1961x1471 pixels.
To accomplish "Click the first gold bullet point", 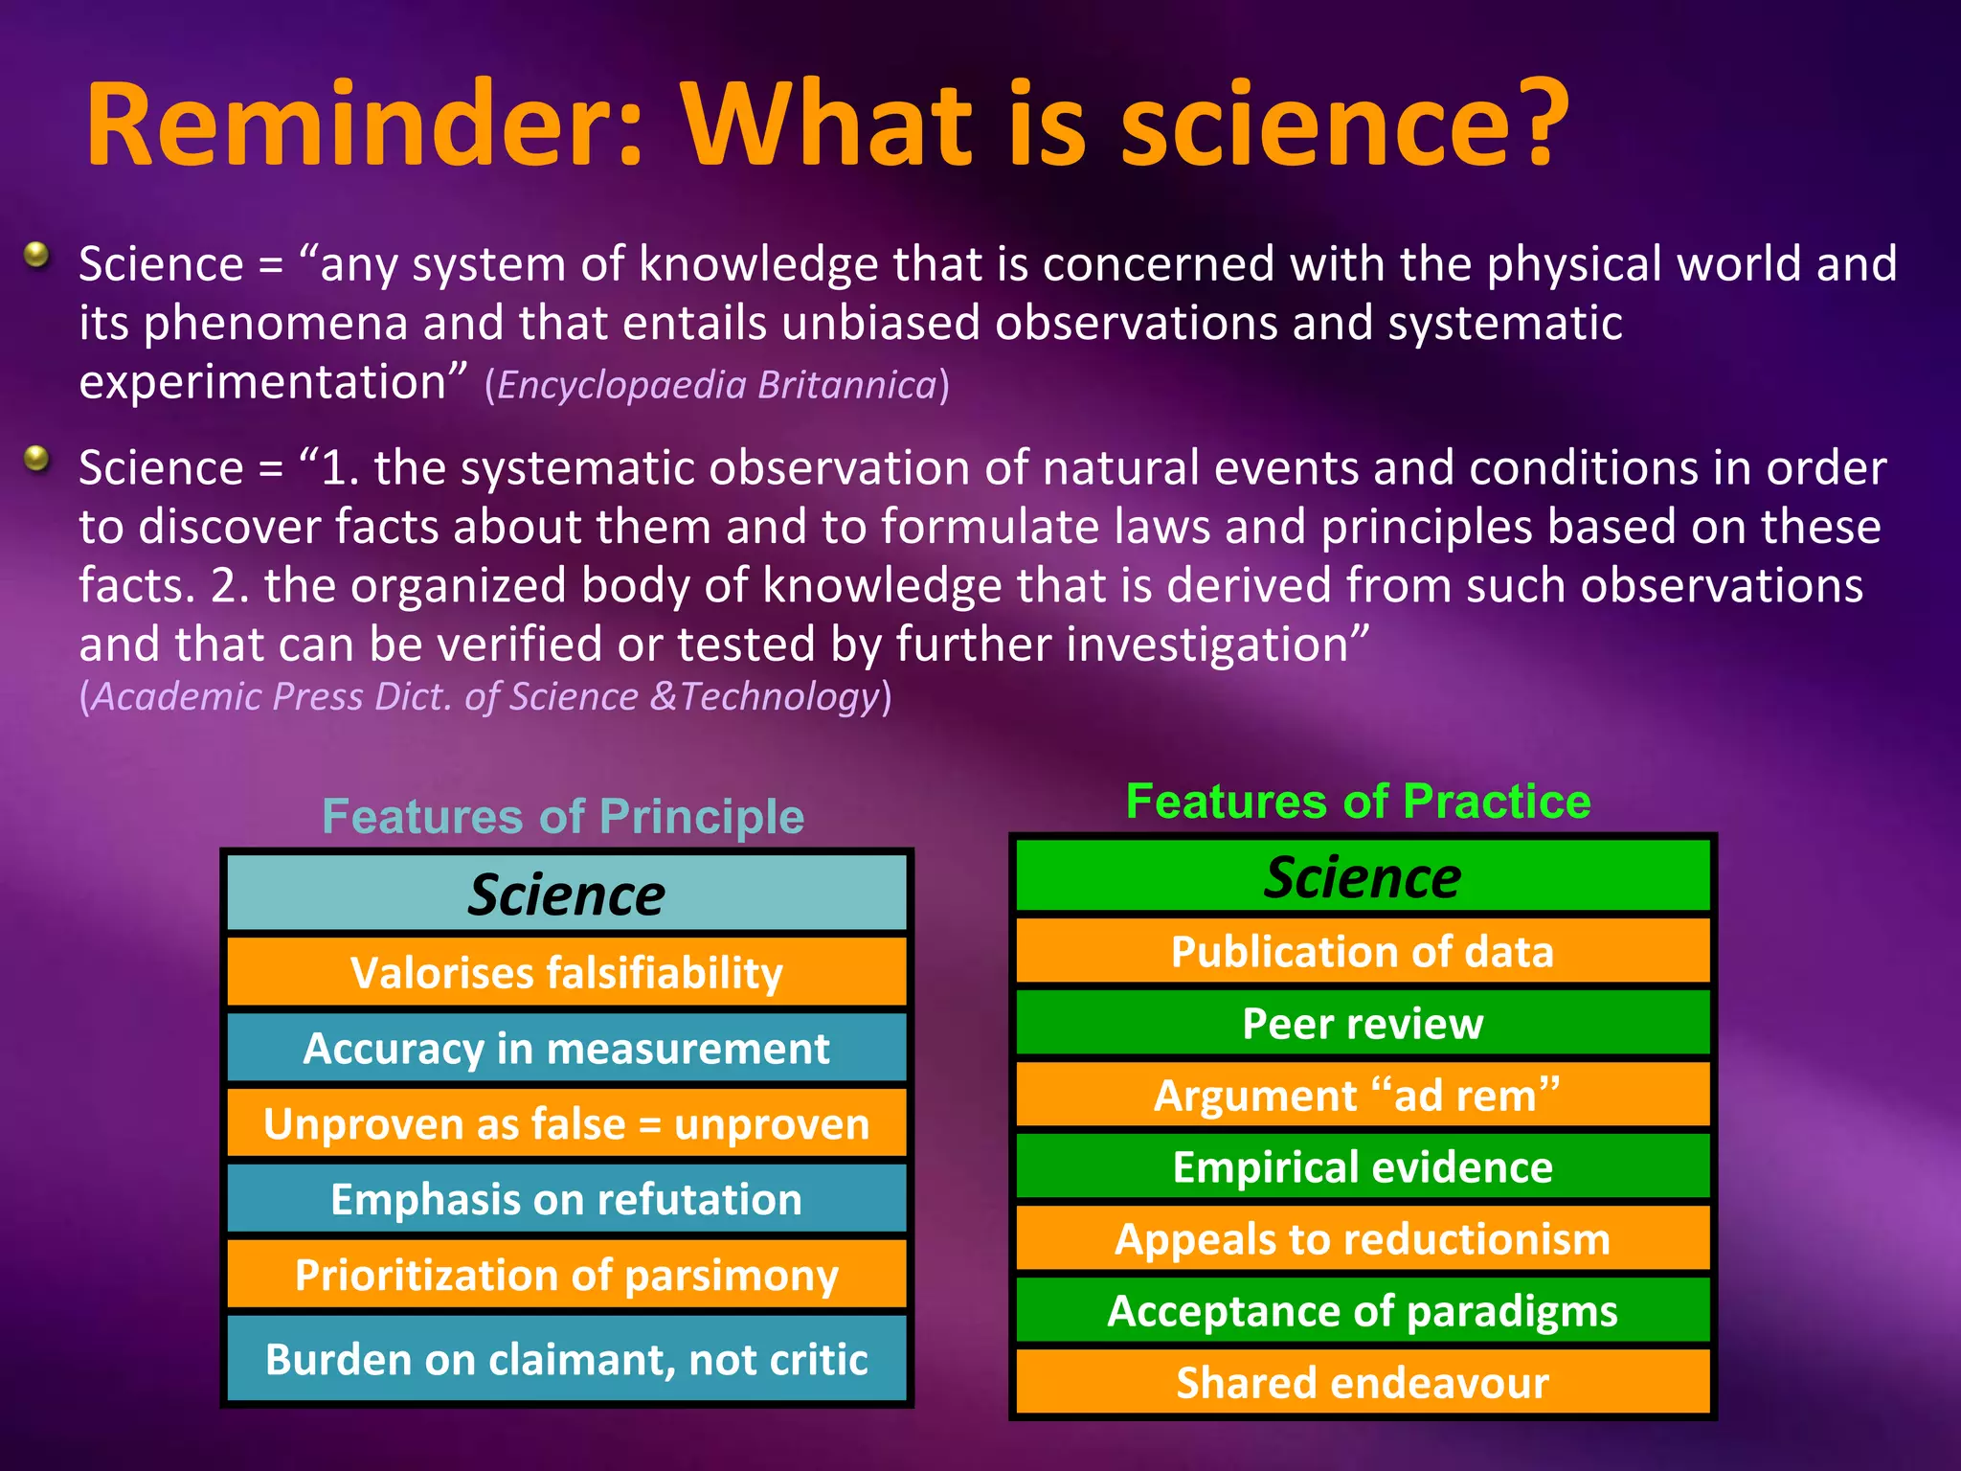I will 36,255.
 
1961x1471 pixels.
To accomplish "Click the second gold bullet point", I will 36,459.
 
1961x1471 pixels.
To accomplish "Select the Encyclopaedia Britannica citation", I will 716,385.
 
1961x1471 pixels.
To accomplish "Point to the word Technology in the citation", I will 779,697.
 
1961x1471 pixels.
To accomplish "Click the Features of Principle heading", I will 563,817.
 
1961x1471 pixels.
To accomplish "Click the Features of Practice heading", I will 1358,801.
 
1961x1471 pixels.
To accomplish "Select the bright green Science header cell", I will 1363,876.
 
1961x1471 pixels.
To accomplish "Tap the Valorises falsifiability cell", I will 566,972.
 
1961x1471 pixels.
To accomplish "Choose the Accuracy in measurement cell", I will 566,1048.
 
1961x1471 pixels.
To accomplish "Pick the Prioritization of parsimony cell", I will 566,1275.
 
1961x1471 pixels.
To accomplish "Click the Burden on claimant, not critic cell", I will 566,1359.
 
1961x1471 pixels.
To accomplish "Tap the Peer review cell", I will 1363,1023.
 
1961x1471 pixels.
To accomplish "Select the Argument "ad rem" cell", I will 1363,1095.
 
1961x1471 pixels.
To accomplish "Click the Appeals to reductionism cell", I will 1363,1238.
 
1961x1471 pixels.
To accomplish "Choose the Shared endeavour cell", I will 1363,1382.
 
